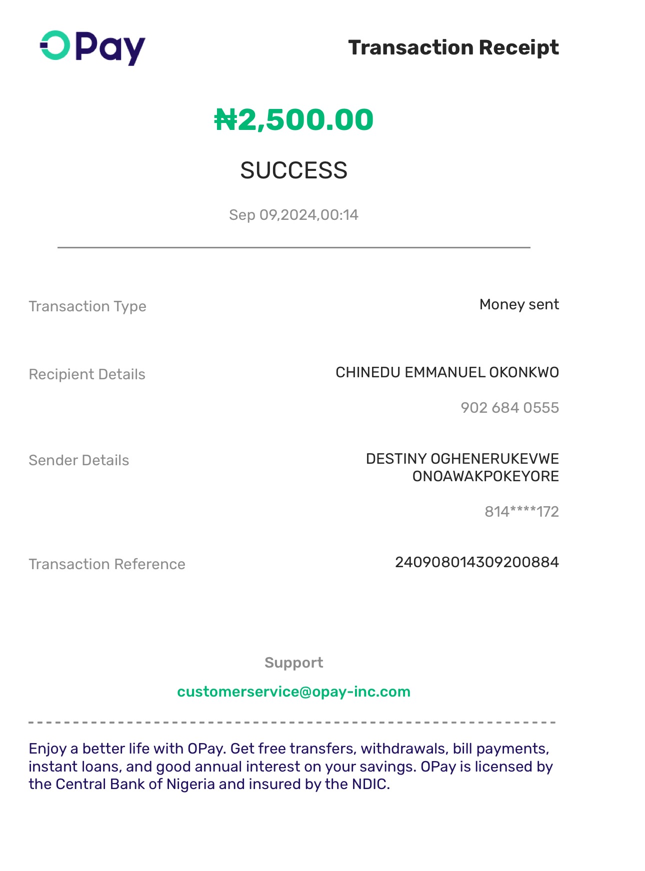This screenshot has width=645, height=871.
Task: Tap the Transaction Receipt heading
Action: (x=453, y=47)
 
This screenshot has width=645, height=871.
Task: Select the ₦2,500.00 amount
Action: (x=294, y=120)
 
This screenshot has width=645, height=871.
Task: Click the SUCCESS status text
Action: (x=293, y=170)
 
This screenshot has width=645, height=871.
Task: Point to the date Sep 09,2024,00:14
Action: (x=293, y=215)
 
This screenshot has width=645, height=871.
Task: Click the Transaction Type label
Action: (x=87, y=306)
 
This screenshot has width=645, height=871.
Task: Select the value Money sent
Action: (x=519, y=304)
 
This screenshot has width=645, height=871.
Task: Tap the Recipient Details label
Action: (x=87, y=374)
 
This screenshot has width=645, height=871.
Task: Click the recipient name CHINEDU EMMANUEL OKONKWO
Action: (x=447, y=372)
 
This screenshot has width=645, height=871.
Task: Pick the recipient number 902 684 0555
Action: (x=509, y=408)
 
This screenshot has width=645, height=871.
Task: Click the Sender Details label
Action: (x=79, y=460)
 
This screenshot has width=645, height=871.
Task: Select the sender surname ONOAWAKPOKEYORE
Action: (x=485, y=476)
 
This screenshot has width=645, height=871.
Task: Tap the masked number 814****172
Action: (x=521, y=512)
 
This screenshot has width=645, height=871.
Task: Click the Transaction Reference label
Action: (x=107, y=564)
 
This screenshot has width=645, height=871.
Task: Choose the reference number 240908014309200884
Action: (x=476, y=562)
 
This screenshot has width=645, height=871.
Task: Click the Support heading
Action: (x=293, y=663)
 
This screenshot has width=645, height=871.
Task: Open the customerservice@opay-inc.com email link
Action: (x=293, y=692)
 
